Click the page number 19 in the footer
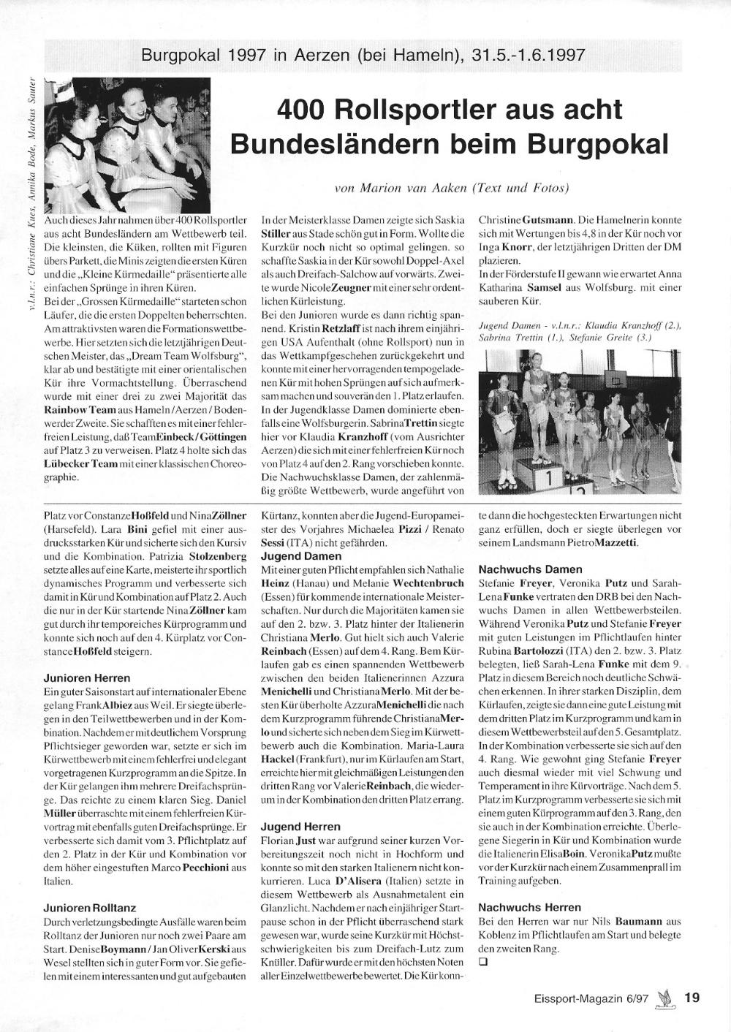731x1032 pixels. pos(692,997)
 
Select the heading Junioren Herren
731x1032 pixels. pos(87,678)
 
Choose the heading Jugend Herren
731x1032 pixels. pos(301,826)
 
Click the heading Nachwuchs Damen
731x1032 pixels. pos(530,569)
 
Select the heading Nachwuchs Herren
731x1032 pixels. pos(530,907)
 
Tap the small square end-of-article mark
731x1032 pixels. pos(482,962)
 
